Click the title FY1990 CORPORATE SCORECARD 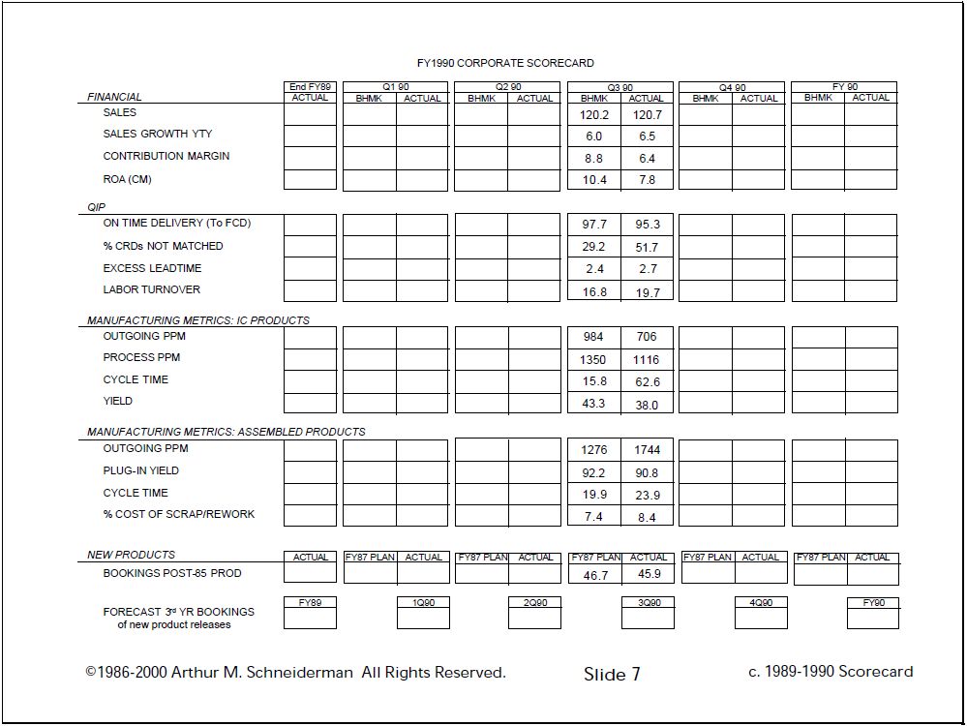505,63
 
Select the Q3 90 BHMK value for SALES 593,115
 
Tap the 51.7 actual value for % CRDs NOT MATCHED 647,248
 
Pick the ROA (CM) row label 127,179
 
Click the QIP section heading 96,207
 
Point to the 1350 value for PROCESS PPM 593,360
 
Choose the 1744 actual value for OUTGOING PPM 647,450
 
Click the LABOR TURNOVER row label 151,289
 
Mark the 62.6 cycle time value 647,382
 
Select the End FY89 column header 310,87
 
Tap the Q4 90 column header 732,88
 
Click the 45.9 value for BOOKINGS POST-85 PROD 649,574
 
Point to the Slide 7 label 612,675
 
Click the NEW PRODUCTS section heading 131,555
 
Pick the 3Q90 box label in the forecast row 648,602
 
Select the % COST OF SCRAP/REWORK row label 178,514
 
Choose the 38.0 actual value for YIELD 647,406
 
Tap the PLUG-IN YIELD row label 140,470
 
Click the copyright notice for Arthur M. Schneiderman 295,673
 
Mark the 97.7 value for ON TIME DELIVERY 593,225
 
